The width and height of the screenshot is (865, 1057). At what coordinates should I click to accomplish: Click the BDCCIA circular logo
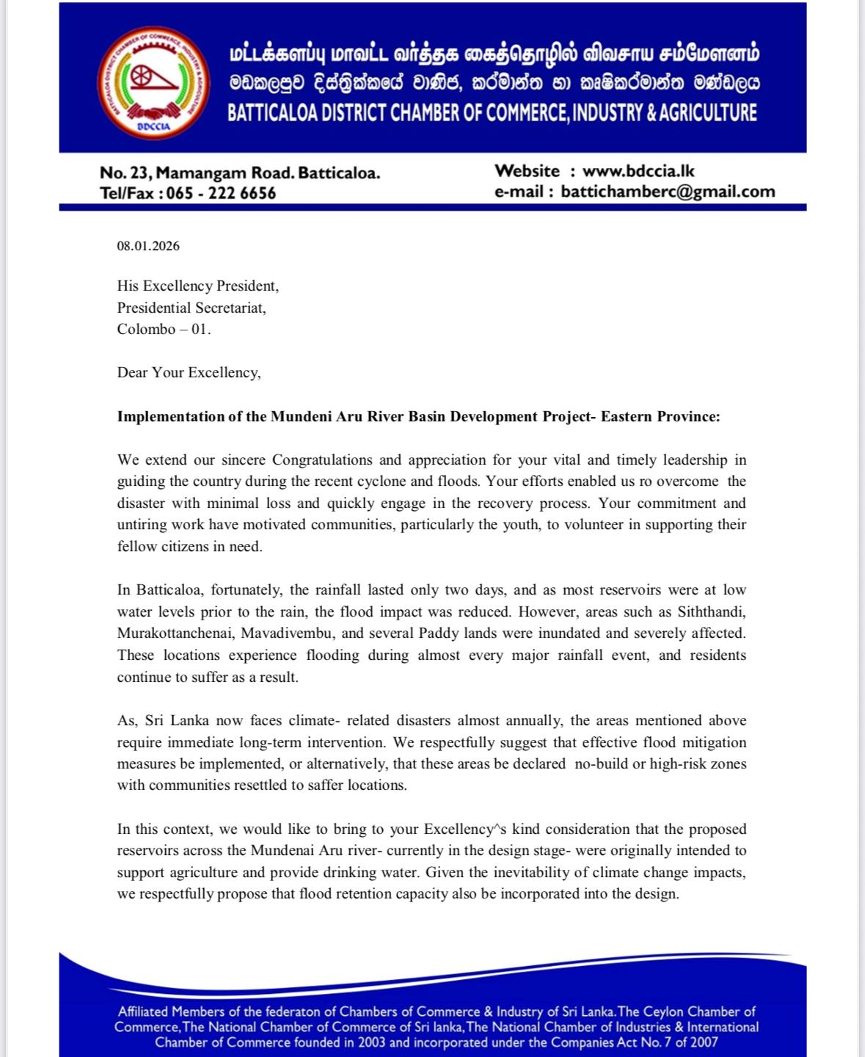pos(153,82)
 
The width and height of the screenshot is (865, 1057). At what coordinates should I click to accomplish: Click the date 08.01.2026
pos(148,246)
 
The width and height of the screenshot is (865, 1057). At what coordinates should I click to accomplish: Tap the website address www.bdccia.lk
pos(638,171)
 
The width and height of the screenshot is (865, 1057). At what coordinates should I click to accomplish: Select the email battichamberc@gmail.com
pos(668,192)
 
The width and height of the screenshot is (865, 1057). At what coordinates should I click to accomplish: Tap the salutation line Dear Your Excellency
pos(189,372)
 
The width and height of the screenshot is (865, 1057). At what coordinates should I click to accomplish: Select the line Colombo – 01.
pos(164,329)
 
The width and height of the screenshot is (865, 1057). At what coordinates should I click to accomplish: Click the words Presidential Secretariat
pos(191,308)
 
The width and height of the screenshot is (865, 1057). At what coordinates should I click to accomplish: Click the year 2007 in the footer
pos(702,1042)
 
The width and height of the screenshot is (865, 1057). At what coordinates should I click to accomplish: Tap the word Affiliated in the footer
pos(145,1011)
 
